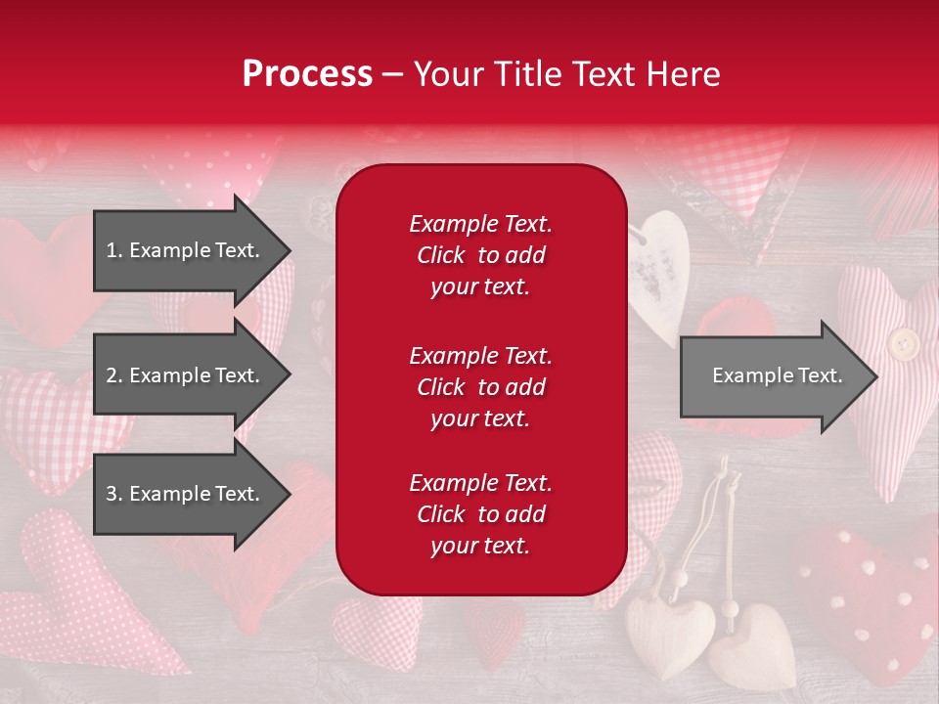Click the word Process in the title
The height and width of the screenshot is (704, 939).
coord(307,74)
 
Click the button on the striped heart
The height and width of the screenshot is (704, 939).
coord(903,343)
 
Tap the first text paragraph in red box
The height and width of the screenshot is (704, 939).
coord(480,255)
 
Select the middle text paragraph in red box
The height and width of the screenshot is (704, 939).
coord(480,387)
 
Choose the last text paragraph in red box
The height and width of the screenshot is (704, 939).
coord(480,514)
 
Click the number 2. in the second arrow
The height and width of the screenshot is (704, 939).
coord(114,375)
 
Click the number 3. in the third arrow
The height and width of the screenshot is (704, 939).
coord(114,494)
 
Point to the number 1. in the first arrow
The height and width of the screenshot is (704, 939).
coord(113,250)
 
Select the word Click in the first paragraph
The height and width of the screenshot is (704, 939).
coord(440,255)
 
